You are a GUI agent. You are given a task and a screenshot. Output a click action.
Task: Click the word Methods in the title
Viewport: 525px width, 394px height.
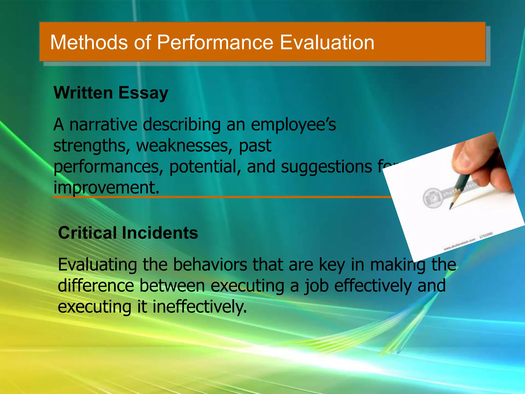(89, 42)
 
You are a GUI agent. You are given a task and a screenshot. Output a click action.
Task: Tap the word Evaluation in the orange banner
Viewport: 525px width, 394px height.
(327, 42)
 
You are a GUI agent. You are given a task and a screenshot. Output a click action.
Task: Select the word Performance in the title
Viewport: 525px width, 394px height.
(215, 42)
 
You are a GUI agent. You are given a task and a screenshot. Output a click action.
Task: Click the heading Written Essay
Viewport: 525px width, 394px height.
(111, 93)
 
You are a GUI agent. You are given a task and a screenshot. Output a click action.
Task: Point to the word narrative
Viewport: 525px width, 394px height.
(104, 125)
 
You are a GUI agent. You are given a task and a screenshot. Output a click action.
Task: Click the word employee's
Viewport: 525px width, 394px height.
(293, 125)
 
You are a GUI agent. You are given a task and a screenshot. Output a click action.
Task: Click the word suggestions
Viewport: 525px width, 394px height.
(326, 167)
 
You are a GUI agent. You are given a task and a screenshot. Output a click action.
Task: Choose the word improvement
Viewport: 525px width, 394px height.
(106, 188)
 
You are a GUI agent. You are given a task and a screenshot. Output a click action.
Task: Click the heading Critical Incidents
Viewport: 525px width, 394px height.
(128, 233)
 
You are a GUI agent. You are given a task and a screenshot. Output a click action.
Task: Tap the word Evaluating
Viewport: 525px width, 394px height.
(97, 265)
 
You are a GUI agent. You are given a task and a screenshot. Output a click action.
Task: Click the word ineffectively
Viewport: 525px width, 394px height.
(200, 307)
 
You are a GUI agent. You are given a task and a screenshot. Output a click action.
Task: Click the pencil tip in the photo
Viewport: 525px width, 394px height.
(450, 208)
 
